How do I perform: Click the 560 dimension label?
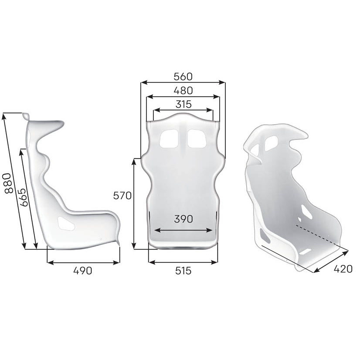pyautogui.click(x=183, y=77)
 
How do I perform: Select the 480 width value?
pyautogui.click(x=183, y=91)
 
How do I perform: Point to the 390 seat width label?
pyautogui.click(x=183, y=219)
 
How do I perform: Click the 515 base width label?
pyautogui.click(x=183, y=271)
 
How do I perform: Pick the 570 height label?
pyautogui.click(x=122, y=196)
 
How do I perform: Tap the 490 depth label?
pyautogui.click(x=82, y=271)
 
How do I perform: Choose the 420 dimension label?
pyautogui.click(x=343, y=269)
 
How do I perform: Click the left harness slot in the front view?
pyautogui.click(x=168, y=139)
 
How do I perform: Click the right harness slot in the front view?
pyautogui.click(x=197, y=139)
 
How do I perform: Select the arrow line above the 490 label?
pyautogui.click(x=83, y=262)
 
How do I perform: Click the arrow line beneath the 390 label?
pyautogui.click(x=183, y=230)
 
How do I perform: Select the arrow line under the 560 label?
pyautogui.click(x=183, y=82)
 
